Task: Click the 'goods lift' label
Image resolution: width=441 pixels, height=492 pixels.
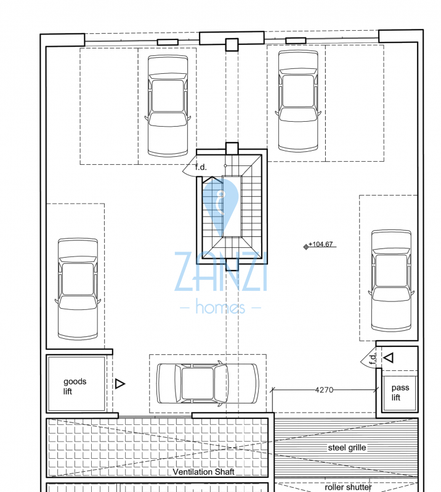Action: pos(75,386)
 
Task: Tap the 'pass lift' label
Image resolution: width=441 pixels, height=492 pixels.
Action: pos(400,392)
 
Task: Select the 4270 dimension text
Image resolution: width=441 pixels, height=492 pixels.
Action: pos(324,390)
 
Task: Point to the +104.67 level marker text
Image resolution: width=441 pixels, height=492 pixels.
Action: pos(321,244)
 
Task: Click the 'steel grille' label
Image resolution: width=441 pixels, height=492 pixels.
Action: pos(347,448)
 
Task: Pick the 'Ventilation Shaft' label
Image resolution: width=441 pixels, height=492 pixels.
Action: pos(204,472)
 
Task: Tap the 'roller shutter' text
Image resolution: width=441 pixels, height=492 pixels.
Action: pos(348,487)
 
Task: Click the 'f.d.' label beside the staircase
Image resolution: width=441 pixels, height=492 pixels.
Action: pos(201,167)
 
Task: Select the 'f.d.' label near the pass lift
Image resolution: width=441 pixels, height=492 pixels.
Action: pos(372,359)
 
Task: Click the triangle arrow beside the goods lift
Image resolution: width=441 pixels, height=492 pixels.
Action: pos(119,384)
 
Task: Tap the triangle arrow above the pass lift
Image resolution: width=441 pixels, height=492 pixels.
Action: pos(389,357)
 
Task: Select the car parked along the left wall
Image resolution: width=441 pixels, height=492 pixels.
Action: pos(78,289)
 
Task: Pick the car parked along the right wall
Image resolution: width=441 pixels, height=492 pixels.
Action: pos(391,281)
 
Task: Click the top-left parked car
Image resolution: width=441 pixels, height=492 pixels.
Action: pos(168,106)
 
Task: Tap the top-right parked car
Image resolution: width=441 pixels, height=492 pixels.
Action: pos(298,101)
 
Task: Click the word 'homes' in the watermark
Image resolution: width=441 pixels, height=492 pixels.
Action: pos(220,306)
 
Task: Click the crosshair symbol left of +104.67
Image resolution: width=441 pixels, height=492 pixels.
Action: pos(306,247)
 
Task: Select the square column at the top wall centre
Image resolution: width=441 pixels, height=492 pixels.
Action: pos(232,44)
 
